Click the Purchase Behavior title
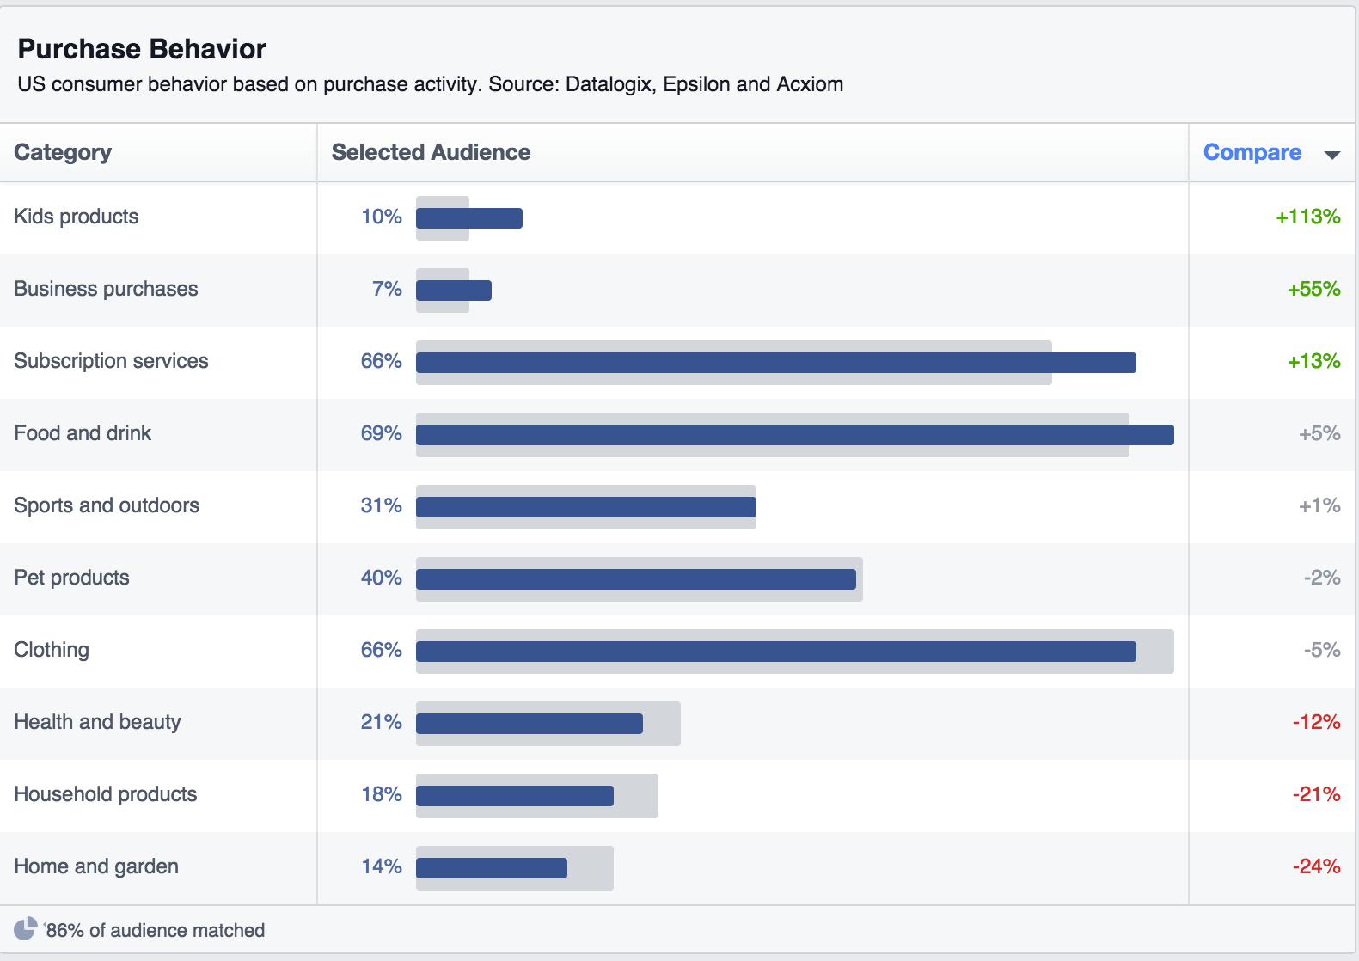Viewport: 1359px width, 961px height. [x=142, y=49]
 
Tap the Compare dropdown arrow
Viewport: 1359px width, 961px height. [x=1332, y=155]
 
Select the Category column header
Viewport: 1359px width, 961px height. [x=63, y=152]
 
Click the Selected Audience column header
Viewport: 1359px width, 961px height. [x=431, y=152]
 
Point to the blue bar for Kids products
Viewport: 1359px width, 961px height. [x=469, y=218]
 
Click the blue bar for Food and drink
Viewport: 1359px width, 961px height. [x=794, y=435]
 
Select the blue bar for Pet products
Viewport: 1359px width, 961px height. [x=636, y=579]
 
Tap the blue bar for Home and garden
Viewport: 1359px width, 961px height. [x=492, y=868]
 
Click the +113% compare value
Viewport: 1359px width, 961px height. [x=1307, y=217]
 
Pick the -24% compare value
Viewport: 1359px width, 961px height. [x=1316, y=866]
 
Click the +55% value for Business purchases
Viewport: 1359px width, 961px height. [x=1313, y=289]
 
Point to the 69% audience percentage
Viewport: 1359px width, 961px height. [x=381, y=433]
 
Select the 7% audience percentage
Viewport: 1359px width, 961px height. [x=387, y=289]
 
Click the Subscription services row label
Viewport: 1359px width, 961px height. [x=111, y=361]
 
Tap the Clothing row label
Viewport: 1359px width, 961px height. [x=52, y=650]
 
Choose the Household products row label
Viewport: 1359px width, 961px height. [x=106, y=794]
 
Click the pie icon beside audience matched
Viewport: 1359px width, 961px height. [x=26, y=928]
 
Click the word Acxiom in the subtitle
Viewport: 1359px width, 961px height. [x=810, y=84]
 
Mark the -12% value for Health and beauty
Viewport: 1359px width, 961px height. [x=1316, y=722]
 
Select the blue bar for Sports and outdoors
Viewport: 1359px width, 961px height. [x=585, y=507]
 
